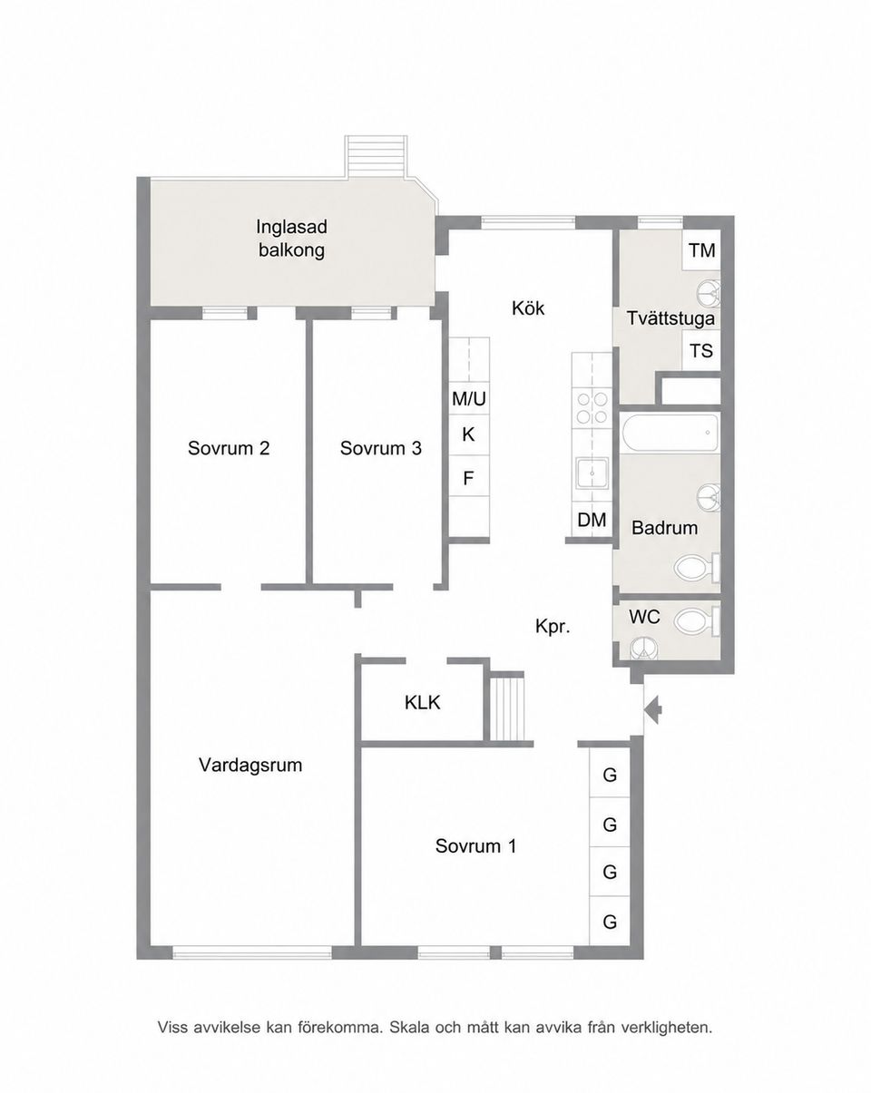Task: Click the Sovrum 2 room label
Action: click(229, 448)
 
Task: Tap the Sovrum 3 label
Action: click(381, 448)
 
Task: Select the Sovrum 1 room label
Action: click(475, 846)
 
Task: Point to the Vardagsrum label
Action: click(250, 765)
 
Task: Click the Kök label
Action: click(528, 308)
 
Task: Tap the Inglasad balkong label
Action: click(291, 239)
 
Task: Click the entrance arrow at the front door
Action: click(652, 710)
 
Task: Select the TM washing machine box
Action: click(701, 250)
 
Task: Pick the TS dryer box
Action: click(701, 350)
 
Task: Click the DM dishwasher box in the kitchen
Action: click(592, 520)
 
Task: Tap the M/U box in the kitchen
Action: click(469, 399)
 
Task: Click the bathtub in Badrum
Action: click(670, 433)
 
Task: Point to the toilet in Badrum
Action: click(697, 567)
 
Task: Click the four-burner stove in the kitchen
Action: click(592, 408)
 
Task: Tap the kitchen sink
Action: click(592, 473)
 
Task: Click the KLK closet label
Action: click(422, 703)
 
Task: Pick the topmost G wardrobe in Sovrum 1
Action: click(610, 775)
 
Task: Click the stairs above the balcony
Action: click(376, 158)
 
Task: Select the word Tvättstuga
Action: click(670, 318)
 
